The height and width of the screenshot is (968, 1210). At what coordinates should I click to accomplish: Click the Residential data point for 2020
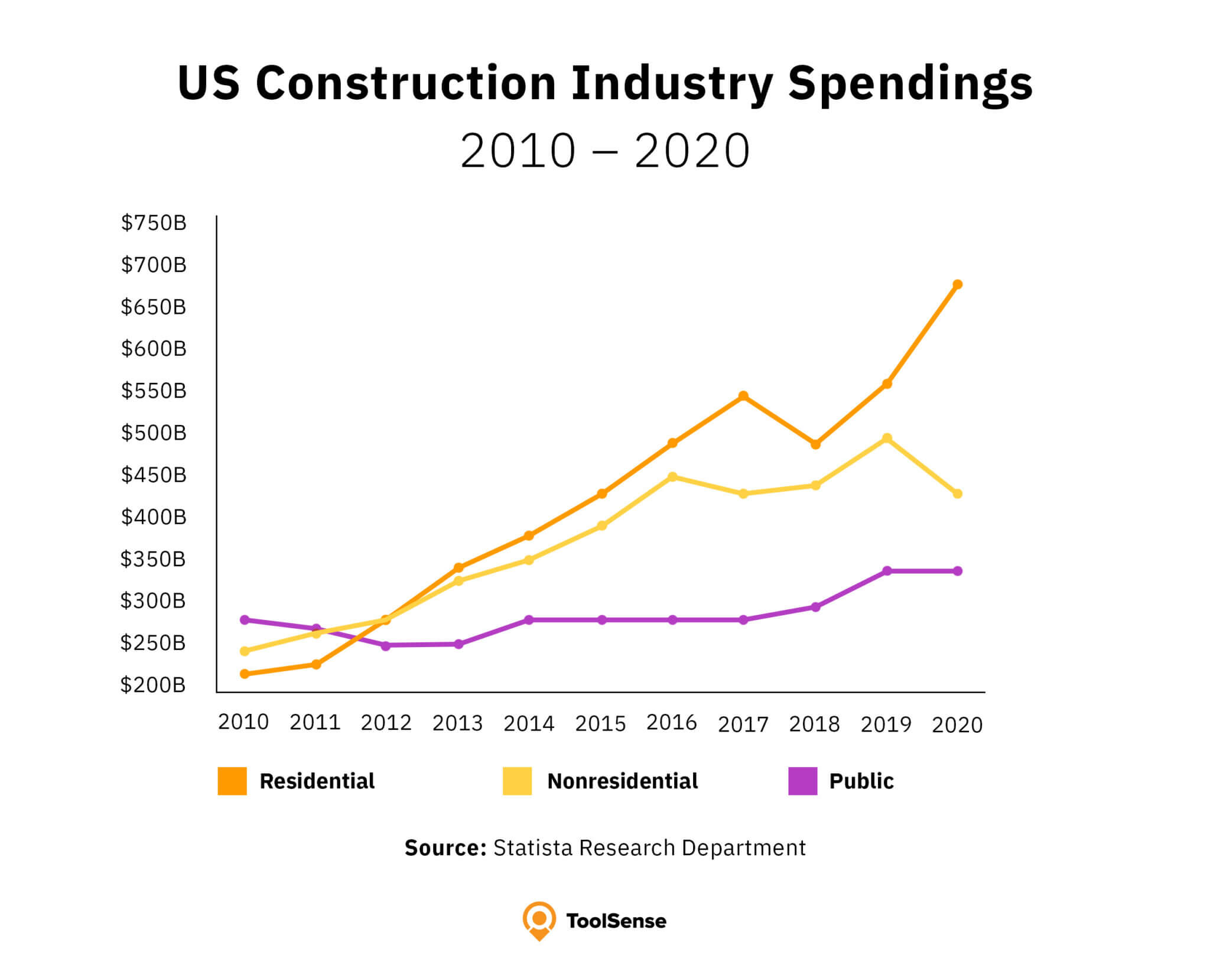coord(957,284)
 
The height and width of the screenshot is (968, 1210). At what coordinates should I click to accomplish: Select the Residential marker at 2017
coord(743,395)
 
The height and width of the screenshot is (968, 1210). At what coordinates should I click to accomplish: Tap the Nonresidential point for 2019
coord(886,438)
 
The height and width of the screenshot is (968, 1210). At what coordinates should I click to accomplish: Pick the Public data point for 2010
coord(245,619)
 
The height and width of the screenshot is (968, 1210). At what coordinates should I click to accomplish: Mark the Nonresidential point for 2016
coord(672,476)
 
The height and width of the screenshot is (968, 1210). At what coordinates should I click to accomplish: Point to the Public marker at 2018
coord(815,607)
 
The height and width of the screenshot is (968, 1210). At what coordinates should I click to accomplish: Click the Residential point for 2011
coord(316,664)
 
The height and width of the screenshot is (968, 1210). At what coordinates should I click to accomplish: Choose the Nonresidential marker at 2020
coord(957,493)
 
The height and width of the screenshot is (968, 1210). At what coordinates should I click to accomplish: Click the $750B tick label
coord(154,223)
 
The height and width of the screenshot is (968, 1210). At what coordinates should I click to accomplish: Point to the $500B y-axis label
coord(154,433)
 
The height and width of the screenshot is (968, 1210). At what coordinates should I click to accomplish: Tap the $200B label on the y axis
coord(153,685)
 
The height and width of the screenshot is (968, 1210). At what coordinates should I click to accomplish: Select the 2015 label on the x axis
coord(600,723)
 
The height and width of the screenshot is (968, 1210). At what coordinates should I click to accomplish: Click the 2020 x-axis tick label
coord(957,725)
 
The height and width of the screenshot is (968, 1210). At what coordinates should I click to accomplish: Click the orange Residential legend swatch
coord(232,781)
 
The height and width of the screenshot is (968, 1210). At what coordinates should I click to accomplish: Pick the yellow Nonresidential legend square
coord(517,781)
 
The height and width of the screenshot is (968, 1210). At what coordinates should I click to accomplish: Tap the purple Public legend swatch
coord(802,781)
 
